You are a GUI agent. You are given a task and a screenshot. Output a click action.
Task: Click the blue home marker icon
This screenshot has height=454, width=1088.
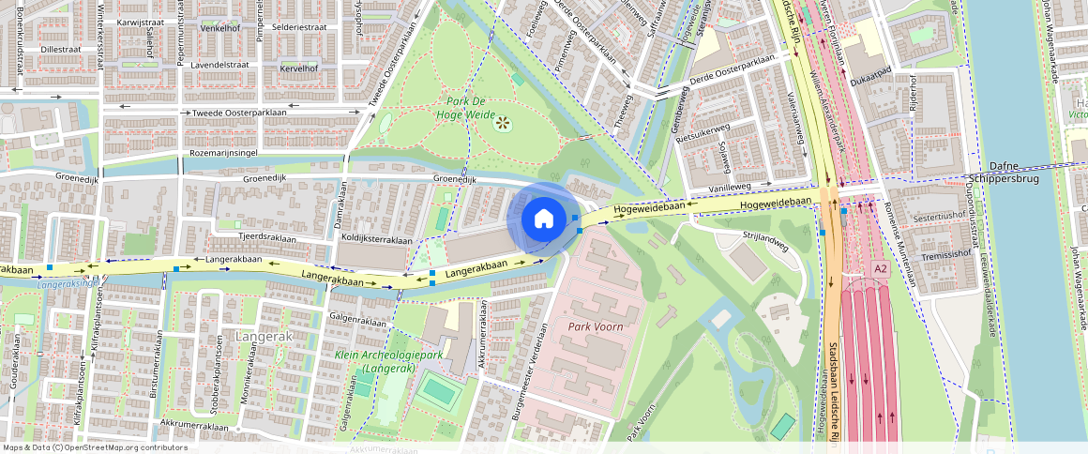[543, 219]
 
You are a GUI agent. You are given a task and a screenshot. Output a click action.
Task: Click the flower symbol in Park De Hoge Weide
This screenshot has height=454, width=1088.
[503, 122]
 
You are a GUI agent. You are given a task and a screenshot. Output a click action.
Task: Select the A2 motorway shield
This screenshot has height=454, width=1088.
[880, 269]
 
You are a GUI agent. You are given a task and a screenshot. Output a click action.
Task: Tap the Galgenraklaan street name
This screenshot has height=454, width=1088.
[357, 321]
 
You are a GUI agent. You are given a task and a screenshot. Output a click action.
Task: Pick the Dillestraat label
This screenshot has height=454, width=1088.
[62, 49]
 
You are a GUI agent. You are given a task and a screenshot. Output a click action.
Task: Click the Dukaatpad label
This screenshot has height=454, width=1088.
[869, 83]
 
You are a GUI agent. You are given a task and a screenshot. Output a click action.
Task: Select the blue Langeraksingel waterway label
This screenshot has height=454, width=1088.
[69, 282]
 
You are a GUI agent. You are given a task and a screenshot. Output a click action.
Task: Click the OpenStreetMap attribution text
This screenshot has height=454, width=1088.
[95, 447]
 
